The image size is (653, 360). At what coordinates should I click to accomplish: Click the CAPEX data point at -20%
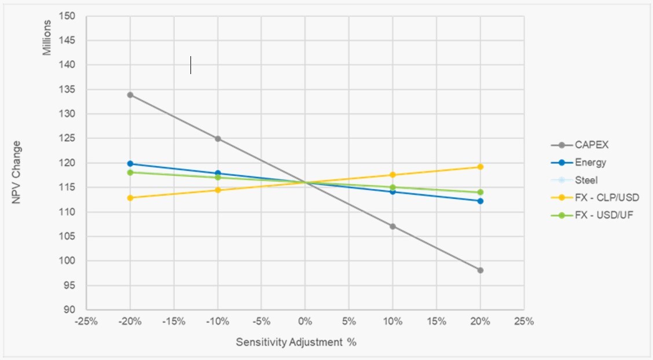[x=130, y=95]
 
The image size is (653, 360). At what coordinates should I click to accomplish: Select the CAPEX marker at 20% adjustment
[x=480, y=270]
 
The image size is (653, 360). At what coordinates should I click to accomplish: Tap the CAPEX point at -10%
[x=218, y=139]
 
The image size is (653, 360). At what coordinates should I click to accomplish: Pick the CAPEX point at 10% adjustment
[x=393, y=226]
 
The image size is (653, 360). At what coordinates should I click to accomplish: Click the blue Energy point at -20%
[x=130, y=164]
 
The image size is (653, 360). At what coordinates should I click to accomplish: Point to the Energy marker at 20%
[x=480, y=201]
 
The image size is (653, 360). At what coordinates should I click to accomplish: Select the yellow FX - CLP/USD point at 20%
[x=480, y=167]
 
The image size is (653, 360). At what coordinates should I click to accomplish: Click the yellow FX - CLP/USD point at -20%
[x=130, y=198]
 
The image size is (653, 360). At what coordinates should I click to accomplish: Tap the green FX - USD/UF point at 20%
[x=480, y=192]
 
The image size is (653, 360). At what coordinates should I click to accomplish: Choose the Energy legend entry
[x=590, y=163]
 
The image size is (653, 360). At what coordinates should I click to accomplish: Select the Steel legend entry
[x=586, y=180]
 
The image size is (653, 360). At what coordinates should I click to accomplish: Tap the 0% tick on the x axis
[x=305, y=322]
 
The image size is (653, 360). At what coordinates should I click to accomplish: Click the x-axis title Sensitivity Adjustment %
[x=296, y=342]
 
